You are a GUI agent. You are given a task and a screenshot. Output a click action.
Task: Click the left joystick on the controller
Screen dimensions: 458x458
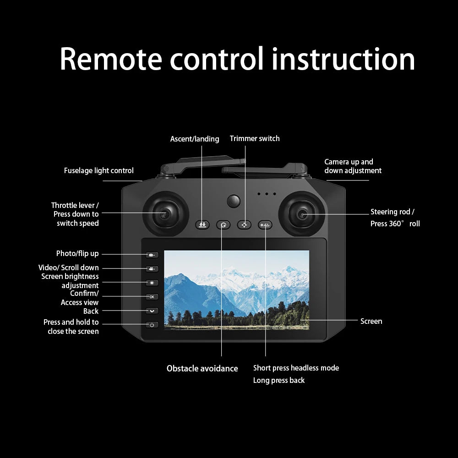click(165, 214)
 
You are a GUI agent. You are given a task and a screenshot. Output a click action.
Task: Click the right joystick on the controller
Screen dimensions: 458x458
click(302, 214)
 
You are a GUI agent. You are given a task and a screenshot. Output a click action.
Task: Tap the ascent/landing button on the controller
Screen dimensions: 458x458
click(202, 225)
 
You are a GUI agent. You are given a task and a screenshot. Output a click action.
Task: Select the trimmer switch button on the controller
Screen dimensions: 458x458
click(244, 225)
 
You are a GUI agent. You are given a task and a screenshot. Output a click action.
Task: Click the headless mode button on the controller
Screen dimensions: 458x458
click(265, 225)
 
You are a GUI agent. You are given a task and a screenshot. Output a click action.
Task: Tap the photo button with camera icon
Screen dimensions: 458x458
click(152, 255)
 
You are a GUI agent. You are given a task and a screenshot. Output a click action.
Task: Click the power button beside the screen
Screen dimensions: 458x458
click(152, 325)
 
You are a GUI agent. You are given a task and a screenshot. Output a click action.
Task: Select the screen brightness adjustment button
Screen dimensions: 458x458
click(152, 283)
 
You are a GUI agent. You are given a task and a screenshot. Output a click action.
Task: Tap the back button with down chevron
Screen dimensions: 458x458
click(152, 311)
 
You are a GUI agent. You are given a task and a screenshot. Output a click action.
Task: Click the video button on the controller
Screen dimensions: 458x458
click(152, 269)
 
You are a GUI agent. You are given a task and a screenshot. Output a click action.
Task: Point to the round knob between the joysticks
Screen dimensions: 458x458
click(234, 201)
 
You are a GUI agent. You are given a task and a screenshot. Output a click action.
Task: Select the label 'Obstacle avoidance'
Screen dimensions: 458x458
click(202, 369)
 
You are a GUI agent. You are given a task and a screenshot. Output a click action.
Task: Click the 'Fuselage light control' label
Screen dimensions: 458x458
click(98, 171)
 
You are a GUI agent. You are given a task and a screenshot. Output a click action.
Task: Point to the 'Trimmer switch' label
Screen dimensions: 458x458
click(255, 139)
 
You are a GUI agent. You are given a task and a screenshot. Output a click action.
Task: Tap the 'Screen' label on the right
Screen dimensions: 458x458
click(371, 322)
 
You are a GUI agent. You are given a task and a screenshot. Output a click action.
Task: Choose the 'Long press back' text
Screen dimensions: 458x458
click(278, 381)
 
